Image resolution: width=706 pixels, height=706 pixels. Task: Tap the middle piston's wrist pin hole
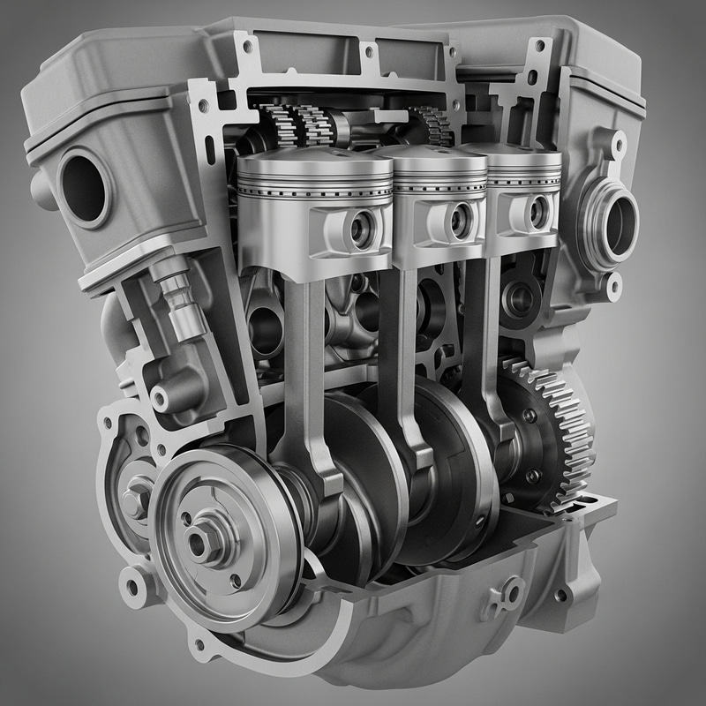pos(460,220)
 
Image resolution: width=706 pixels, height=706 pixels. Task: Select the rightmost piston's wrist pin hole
pos(538,212)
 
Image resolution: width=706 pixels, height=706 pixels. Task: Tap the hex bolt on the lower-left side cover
pos(137,501)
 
